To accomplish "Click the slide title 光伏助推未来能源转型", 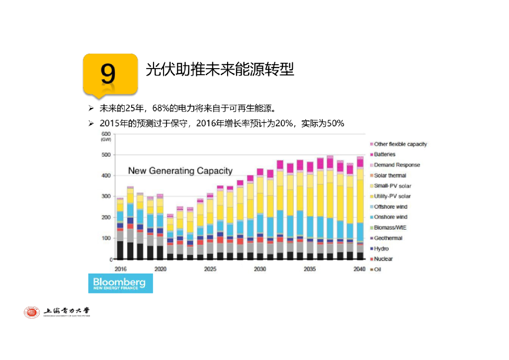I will pos(220,69).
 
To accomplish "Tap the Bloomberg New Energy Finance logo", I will pos(120,283).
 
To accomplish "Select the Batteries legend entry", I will pos(384,155).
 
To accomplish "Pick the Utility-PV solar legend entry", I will pos(392,196).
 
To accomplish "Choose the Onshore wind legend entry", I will pos(390,217).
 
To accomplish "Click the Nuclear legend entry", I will pos(383,259).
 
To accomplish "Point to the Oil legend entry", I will pos(377,270).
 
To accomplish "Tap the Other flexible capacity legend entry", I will pos(400,144).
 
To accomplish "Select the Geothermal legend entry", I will pos(388,238).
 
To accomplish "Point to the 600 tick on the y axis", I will pos(106,134).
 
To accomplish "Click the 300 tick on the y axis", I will pos(106,197).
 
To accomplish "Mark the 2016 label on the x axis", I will pos(120,269).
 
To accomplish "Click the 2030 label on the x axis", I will pos(260,269).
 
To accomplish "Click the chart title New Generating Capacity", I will pos(180,171).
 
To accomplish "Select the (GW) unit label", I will pos(106,140).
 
